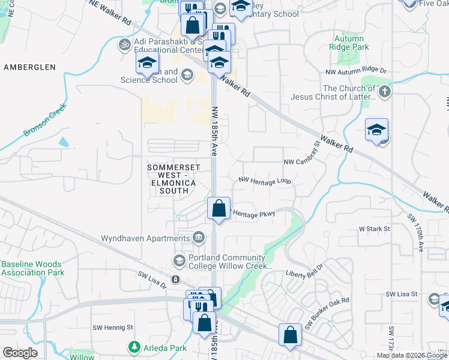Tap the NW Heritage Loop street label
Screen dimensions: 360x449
265,180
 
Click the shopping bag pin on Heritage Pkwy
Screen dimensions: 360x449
218,209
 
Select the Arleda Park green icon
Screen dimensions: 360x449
133,347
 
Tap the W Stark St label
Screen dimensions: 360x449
375,229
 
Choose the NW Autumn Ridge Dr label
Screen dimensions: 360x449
356,71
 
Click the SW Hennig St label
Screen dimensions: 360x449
112,328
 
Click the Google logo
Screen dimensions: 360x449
20,353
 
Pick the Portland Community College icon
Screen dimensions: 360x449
179,260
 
